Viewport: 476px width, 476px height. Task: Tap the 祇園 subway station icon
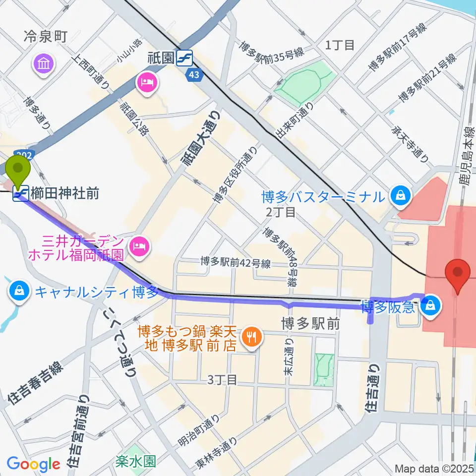(x=185, y=58)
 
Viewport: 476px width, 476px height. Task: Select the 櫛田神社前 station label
(x=65, y=193)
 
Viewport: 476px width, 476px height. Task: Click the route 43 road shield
(x=194, y=74)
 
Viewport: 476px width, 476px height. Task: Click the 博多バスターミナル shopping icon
(x=399, y=196)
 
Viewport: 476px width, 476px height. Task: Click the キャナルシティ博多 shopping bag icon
(x=19, y=290)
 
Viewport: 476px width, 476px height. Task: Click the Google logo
(x=34, y=464)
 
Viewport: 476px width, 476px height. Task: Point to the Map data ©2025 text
(x=434, y=468)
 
